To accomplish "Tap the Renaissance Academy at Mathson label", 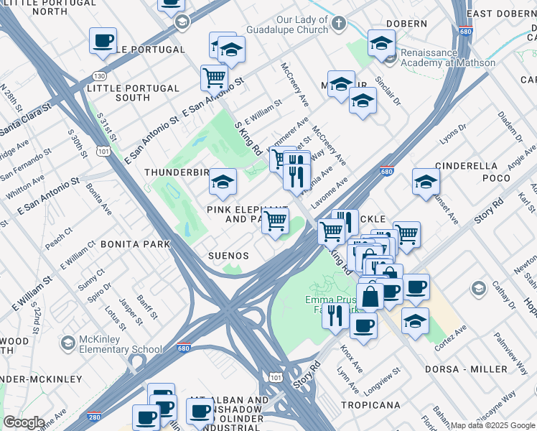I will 448,57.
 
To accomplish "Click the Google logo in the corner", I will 24,422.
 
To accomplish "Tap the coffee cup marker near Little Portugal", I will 103,40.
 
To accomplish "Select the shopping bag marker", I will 370,295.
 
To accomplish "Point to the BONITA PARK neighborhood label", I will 136,244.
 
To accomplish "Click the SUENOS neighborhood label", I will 228,256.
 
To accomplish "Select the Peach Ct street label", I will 58,240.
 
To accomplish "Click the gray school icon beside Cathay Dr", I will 478,289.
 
